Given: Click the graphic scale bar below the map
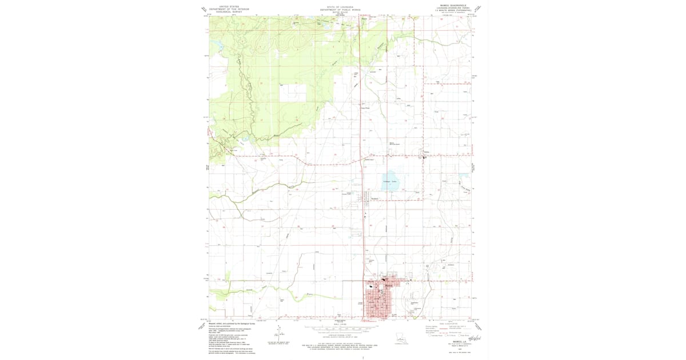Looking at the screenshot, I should pyautogui.click(x=341, y=329).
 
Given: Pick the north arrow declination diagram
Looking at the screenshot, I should pyautogui.click(x=280, y=334).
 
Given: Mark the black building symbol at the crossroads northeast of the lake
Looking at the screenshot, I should pyautogui.click(x=424, y=158).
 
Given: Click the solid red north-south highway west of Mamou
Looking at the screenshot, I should pyautogui.click(x=364, y=229).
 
